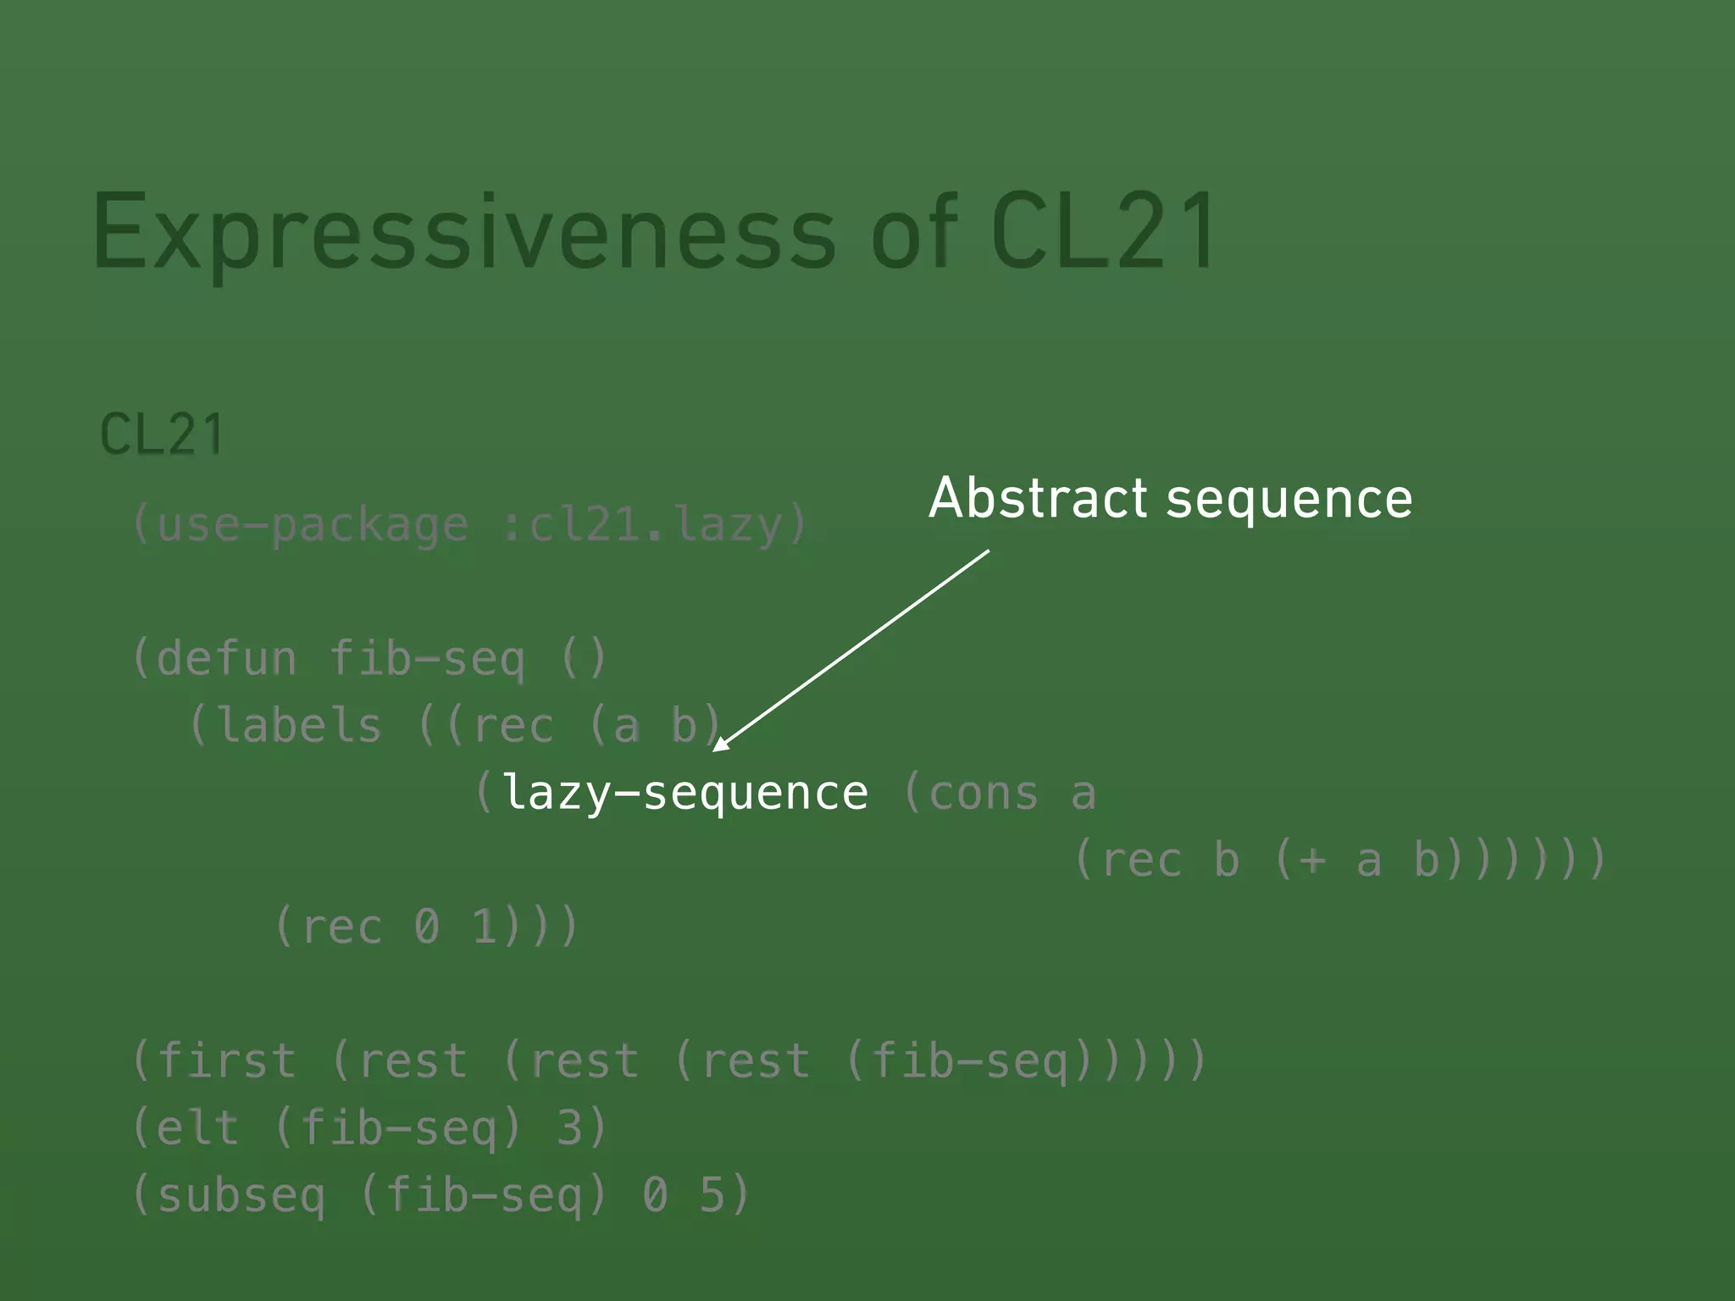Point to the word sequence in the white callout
1289,500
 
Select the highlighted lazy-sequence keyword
685,794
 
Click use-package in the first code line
313,525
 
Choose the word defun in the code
227,659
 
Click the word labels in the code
300,726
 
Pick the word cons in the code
984,794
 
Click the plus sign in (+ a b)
1311,861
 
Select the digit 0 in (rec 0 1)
427,927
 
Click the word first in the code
226,1061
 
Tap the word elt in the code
198,1128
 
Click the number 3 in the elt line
570,1128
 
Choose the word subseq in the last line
241,1196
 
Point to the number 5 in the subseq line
712,1196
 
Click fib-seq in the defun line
427,659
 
